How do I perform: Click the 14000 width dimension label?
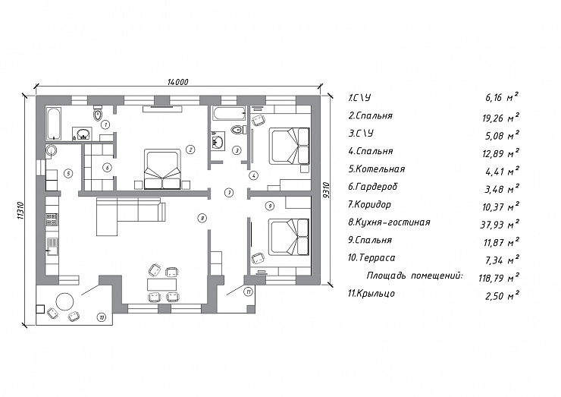click(x=178, y=82)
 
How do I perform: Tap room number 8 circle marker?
click(x=202, y=218)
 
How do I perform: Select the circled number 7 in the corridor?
click(x=229, y=192)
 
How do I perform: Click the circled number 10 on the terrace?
click(x=102, y=317)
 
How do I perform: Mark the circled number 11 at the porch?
click(x=249, y=291)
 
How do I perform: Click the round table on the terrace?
click(x=64, y=301)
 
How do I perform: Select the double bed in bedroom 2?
click(x=162, y=169)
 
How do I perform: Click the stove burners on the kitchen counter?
click(x=52, y=219)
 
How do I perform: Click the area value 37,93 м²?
click(x=500, y=224)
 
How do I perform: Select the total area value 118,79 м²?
click(x=499, y=277)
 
